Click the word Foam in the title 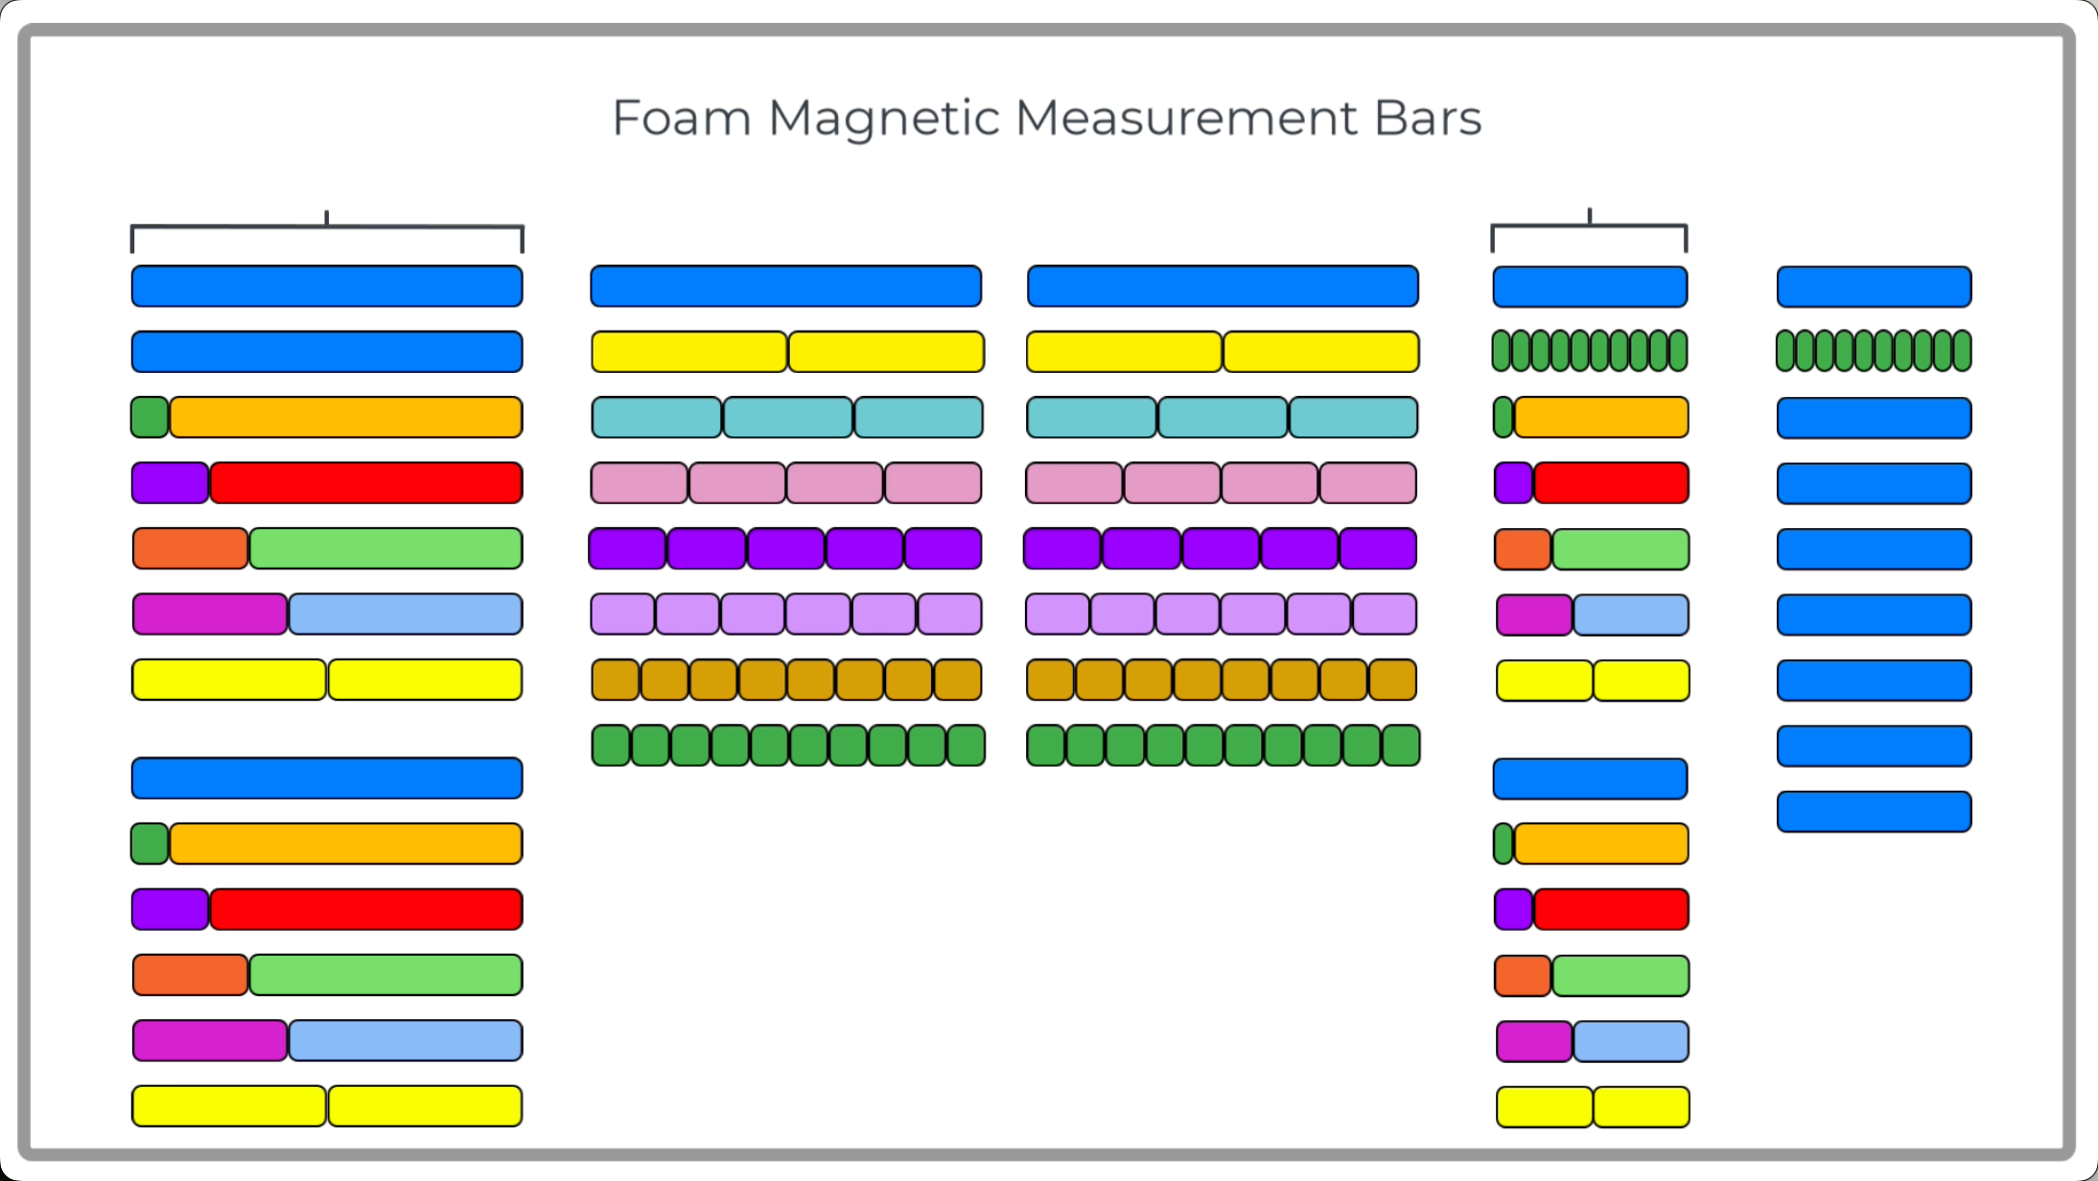click(681, 118)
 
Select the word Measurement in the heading click(1186, 118)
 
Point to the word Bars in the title click(1428, 118)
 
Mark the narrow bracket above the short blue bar click(1589, 226)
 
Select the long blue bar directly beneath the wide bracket click(327, 287)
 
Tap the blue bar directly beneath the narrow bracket click(1590, 287)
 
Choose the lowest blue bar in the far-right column click(1874, 812)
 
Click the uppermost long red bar click(365, 483)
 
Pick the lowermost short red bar click(1611, 910)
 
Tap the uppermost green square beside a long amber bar click(150, 418)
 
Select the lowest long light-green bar click(385, 975)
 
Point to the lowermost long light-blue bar click(405, 1041)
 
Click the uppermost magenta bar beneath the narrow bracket click(1534, 615)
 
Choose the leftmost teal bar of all click(657, 418)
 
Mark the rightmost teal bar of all click(1353, 418)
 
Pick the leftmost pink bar click(640, 483)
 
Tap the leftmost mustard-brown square click(616, 681)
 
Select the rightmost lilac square click(1385, 614)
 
